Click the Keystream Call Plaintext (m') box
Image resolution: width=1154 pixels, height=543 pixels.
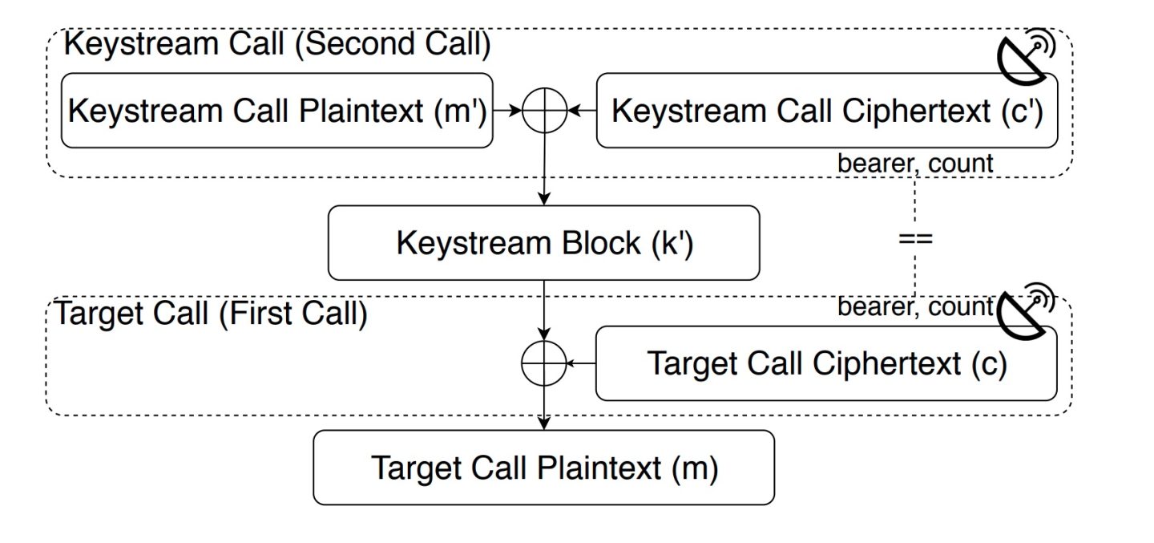276,111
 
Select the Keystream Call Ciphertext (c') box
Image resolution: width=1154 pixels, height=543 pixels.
826,111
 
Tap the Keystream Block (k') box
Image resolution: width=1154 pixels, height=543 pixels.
543,242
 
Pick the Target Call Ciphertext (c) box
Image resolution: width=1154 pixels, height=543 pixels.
826,363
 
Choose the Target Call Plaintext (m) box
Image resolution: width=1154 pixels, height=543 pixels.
543,468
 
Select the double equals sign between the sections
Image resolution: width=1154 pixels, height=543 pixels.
915,238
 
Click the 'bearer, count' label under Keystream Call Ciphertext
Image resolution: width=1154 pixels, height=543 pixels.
915,164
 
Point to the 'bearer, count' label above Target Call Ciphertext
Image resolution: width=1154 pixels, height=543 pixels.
915,307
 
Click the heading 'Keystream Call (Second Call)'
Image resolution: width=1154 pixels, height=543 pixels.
276,44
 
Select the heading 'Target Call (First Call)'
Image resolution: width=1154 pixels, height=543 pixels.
210,314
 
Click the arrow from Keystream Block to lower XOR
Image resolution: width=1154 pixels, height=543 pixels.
544,309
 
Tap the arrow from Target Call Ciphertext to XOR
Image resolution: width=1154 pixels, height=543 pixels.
581,363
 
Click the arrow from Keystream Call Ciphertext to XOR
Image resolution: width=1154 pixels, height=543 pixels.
582,111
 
